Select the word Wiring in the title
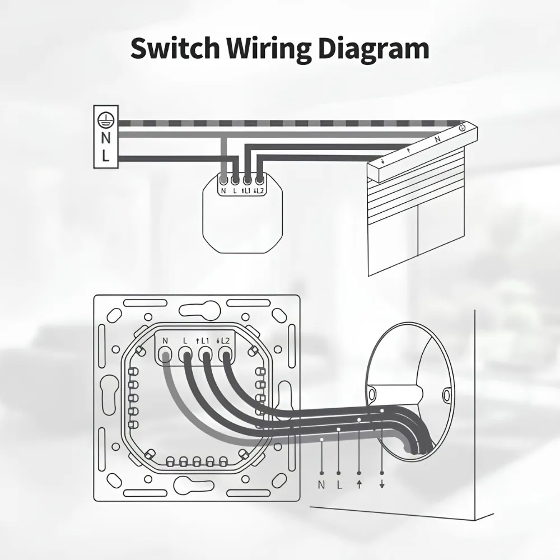point(269,50)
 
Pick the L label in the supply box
point(105,156)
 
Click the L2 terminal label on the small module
point(259,191)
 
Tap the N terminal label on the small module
point(223,191)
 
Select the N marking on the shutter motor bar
point(437,139)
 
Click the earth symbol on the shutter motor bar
point(461,127)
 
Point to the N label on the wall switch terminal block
point(165,341)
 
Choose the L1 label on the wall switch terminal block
point(203,341)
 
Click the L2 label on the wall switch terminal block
point(223,341)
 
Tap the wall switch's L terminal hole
point(185,356)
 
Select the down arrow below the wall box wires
point(382,484)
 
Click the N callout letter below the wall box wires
point(321,484)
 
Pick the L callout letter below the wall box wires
point(339,484)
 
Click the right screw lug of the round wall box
point(446,395)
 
